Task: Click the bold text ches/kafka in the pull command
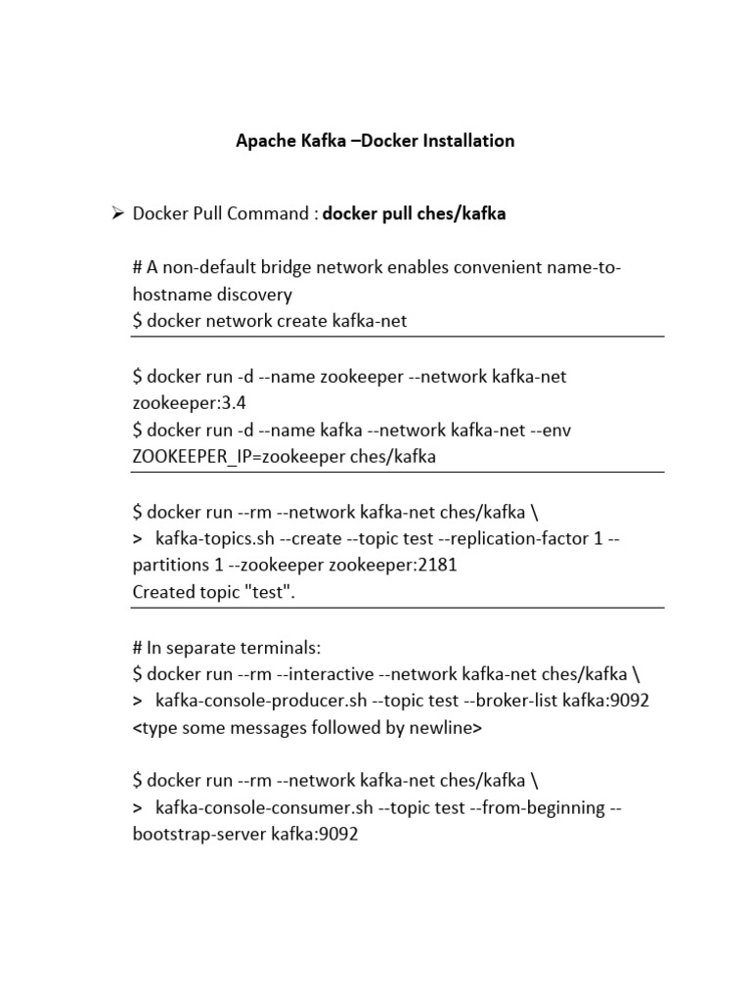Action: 463,213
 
